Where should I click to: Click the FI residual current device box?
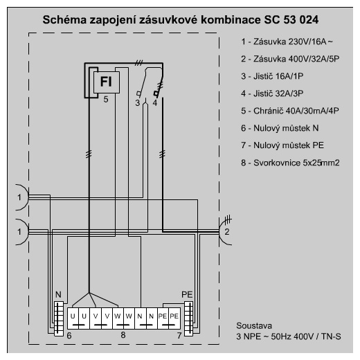click(107, 82)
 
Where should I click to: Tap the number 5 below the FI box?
click(106, 100)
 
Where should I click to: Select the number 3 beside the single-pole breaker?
click(138, 103)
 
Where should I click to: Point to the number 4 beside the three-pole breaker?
click(155, 103)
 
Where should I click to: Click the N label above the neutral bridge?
click(58, 295)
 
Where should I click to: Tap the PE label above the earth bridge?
click(187, 295)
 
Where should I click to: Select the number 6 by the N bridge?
click(69, 336)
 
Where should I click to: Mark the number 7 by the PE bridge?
click(179, 336)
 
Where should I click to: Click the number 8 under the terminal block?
click(123, 335)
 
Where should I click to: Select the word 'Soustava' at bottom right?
click(254, 325)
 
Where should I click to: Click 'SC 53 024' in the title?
click(291, 20)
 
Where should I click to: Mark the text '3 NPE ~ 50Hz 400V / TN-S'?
click(289, 336)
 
